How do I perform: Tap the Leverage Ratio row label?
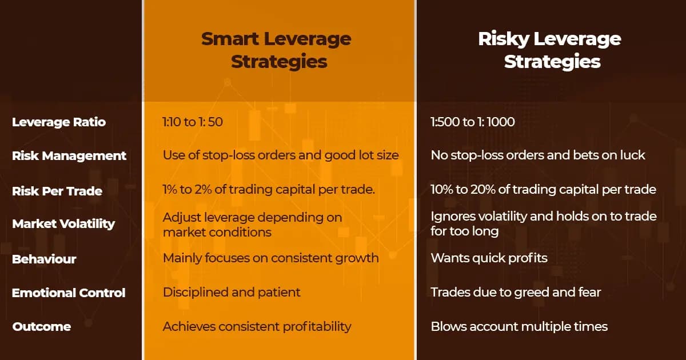point(59,122)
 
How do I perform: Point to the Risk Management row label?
point(69,155)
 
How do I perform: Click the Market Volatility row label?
point(63,223)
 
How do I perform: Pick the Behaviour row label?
point(44,259)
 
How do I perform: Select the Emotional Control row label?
point(69,293)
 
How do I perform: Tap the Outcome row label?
point(42,327)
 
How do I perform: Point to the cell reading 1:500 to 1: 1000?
point(473,122)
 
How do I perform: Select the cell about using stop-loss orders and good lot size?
point(280,155)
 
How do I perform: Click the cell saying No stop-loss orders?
point(538,155)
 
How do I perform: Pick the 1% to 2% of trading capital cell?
point(269,190)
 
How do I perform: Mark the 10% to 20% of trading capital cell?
point(543,190)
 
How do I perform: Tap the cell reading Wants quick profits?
point(489,258)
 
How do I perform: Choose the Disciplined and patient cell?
point(232,292)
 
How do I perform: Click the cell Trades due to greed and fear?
point(516,292)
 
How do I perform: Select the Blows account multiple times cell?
point(519,326)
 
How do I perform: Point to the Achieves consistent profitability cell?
point(257,326)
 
